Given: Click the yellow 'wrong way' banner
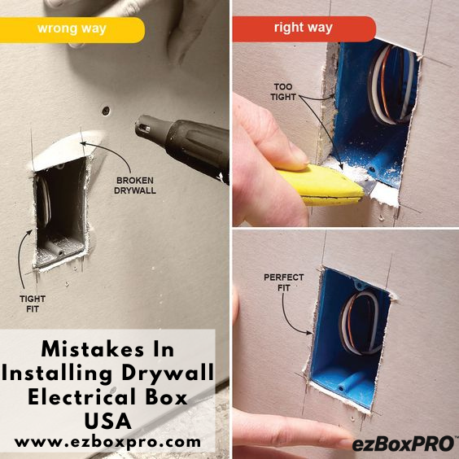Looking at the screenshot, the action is [x=72, y=30].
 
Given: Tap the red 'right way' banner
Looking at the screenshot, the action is [x=304, y=28].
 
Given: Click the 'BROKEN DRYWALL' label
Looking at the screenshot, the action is [x=135, y=186].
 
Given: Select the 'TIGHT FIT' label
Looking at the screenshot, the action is [x=33, y=304].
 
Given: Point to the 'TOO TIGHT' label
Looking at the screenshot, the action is [x=283, y=92].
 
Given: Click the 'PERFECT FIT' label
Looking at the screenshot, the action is [x=284, y=282].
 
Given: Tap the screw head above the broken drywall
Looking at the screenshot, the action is [x=106, y=111].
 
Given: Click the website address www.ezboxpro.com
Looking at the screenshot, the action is [x=107, y=441].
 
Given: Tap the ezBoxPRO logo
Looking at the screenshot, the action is [x=404, y=444].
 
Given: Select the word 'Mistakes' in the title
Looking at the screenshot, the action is [x=93, y=349].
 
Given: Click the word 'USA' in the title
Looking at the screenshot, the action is [x=107, y=421].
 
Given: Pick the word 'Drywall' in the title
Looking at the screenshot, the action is [x=168, y=374].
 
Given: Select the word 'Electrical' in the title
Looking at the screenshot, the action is [x=82, y=397].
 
